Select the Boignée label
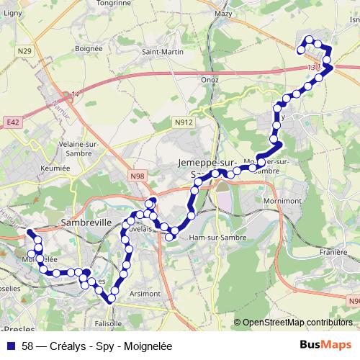click(89, 48)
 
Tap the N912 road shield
click(184, 123)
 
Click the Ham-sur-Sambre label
click(217, 237)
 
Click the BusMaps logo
click(326, 345)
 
